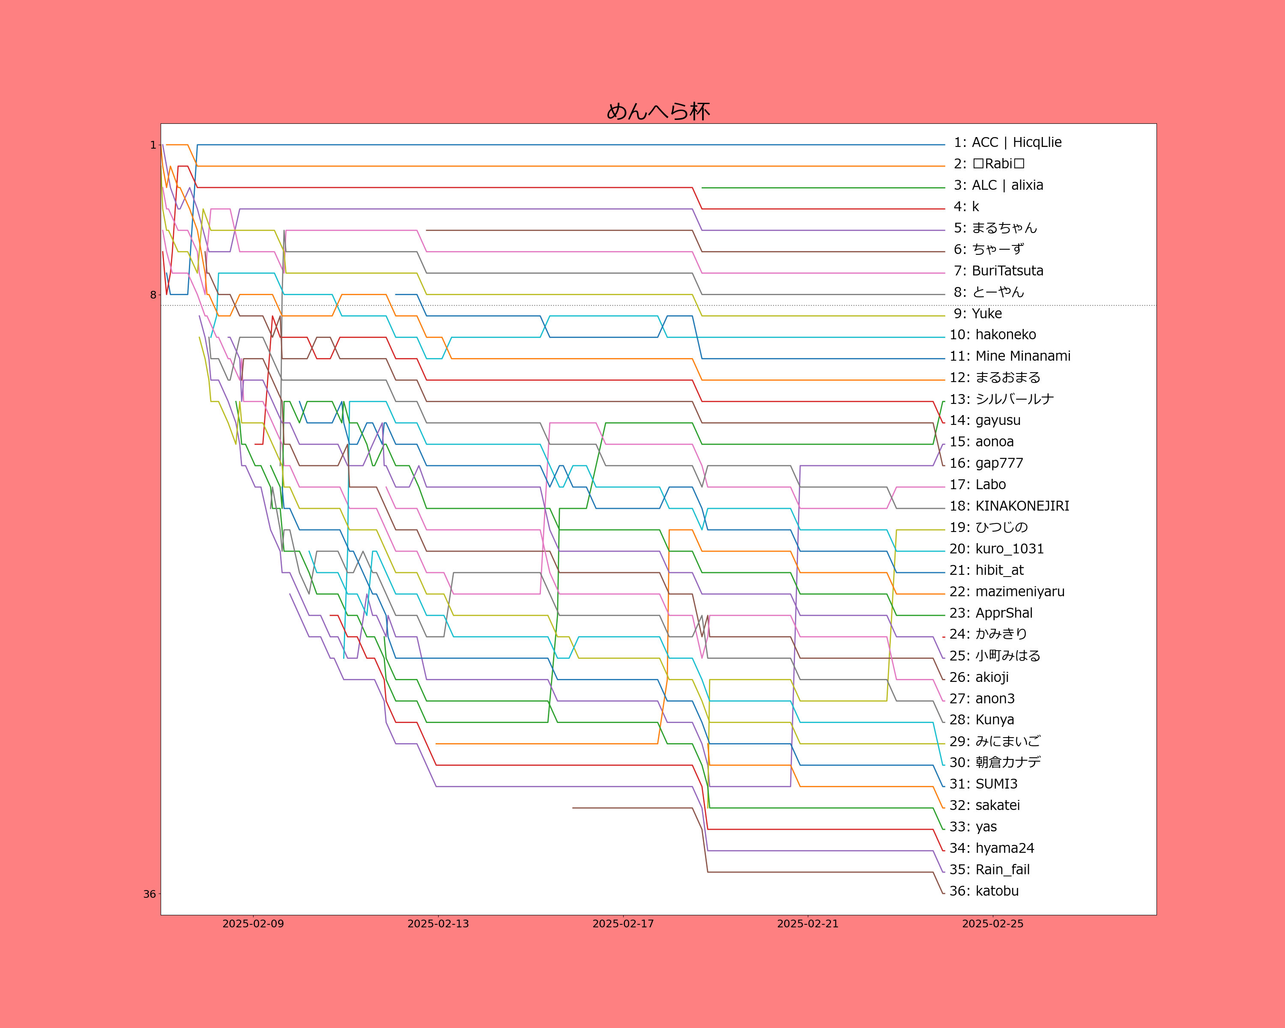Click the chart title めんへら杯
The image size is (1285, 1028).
tap(658, 111)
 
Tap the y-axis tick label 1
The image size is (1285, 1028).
tap(152, 145)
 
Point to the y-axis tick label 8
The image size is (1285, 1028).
tap(152, 295)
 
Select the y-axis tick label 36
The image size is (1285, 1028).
tap(149, 894)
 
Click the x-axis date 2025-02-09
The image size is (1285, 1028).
tap(253, 924)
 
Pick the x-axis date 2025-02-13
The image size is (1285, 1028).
tap(438, 924)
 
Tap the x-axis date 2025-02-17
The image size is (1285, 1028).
tap(623, 924)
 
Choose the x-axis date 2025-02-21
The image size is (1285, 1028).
tap(807, 924)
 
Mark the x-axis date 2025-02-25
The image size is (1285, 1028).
tap(992, 924)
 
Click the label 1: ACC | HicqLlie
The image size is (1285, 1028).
tap(1007, 143)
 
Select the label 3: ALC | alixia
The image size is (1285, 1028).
tap(998, 185)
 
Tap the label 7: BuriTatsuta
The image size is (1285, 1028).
tap(998, 271)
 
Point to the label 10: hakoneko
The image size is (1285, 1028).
tap(993, 335)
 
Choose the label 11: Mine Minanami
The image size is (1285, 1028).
tap(1010, 356)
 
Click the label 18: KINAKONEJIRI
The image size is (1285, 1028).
tap(1009, 506)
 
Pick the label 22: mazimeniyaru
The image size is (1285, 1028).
tap(1007, 592)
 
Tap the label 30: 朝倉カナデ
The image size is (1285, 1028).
tap(995, 763)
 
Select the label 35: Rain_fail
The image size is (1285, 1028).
tap(989, 870)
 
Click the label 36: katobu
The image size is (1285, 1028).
tap(984, 891)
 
